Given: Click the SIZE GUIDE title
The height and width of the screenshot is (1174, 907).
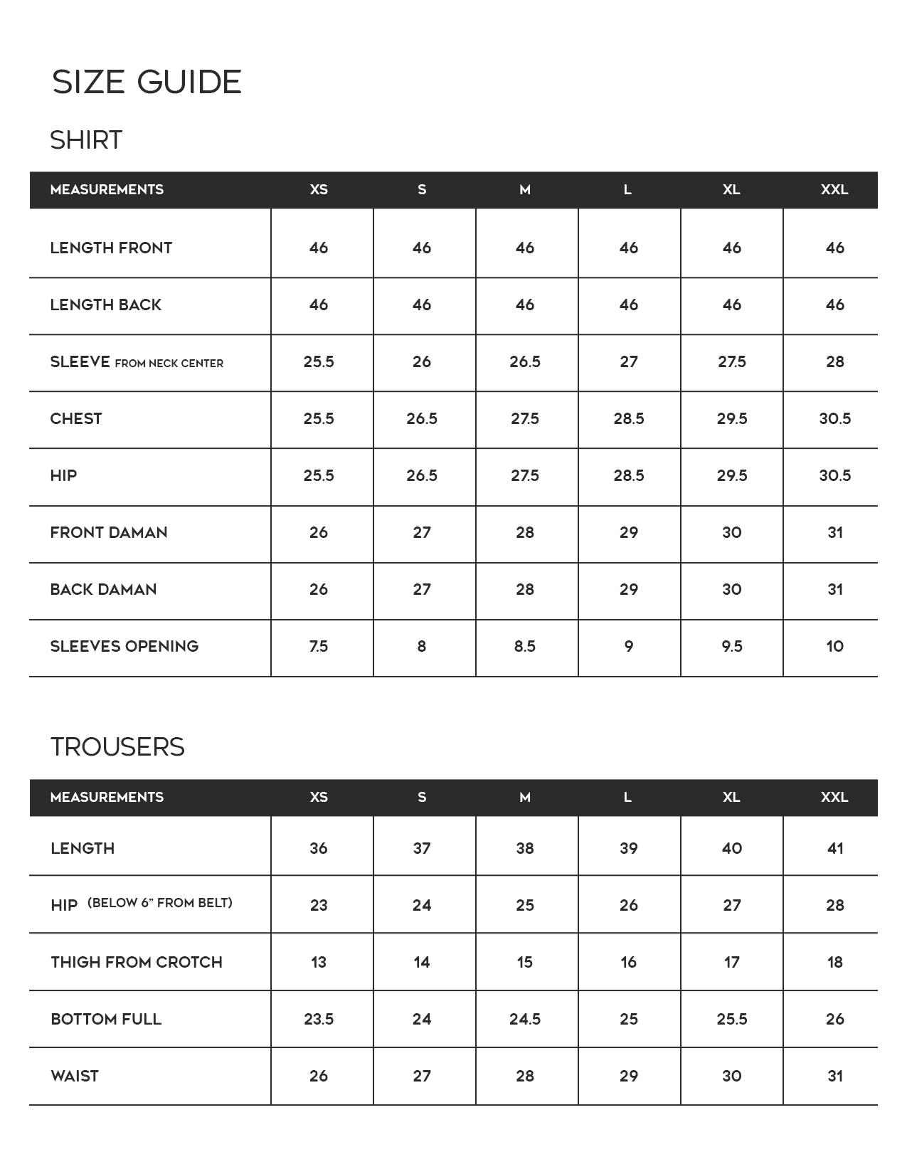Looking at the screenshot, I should coord(147,82).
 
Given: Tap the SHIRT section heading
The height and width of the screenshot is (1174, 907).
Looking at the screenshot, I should coord(86,140).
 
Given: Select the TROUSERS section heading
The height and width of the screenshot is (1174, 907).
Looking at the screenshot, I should coord(117,747).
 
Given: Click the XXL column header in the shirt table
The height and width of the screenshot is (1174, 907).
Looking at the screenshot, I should coord(834,190).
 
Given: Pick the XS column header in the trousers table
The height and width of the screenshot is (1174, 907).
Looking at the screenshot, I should coord(319,797).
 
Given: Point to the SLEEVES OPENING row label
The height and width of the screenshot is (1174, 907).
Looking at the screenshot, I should coord(124,646).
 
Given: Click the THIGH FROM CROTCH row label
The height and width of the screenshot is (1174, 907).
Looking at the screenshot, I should coord(137,962).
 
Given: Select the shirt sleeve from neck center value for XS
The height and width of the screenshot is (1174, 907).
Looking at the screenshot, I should coord(319,361).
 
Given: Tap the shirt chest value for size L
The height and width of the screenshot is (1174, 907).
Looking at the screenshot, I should coord(629,418).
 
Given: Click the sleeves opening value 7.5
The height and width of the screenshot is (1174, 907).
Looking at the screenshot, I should coord(319,646).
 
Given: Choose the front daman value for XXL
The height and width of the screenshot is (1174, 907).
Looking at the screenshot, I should coord(835,532).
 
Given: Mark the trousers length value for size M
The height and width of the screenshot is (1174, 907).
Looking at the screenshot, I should coord(525,848).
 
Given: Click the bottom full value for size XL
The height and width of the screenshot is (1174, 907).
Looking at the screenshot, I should coord(732,1019).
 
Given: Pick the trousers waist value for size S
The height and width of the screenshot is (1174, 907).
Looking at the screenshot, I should coord(422,1076).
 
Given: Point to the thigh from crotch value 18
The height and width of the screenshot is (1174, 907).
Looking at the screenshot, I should coord(835,962).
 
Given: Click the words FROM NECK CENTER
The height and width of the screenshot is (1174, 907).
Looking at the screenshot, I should coord(169,364).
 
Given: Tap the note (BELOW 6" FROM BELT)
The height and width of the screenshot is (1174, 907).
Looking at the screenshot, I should coord(160,903).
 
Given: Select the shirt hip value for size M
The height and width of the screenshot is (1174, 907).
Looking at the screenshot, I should coord(525,475).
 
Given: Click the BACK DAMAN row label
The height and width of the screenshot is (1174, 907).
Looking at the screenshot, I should coord(103,589).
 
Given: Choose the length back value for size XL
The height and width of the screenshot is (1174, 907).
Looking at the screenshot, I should coord(732,305).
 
